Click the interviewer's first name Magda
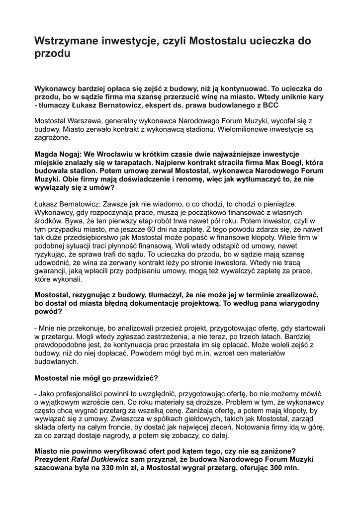[46, 154]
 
